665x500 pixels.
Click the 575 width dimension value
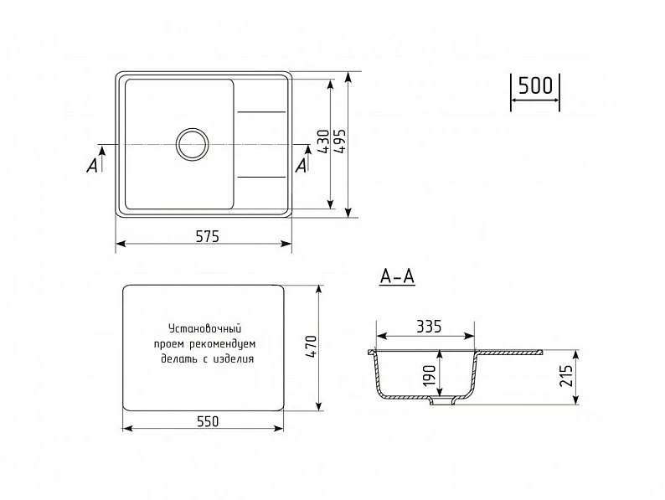(x=208, y=236)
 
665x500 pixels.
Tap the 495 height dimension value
(x=340, y=141)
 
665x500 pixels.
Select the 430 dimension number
(x=323, y=142)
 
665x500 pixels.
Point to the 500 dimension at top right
(x=535, y=85)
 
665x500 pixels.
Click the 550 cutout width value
(x=208, y=421)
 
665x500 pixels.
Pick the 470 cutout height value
(x=311, y=348)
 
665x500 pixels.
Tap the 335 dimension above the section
(x=428, y=327)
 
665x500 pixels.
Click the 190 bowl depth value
(x=429, y=375)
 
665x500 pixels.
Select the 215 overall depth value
(x=566, y=375)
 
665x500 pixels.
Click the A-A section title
(x=397, y=277)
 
